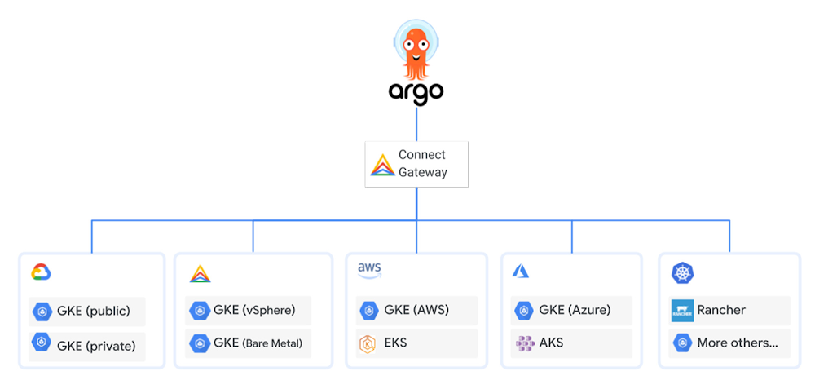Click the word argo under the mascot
click(416, 91)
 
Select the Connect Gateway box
click(416, 164)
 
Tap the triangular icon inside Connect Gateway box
click(383, 165)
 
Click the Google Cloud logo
click(41, 272)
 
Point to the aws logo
click(369, 270)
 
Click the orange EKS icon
click(367, 344)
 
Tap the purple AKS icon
click(525, 343)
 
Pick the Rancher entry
click(721, 310)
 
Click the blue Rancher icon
click(682, 311)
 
